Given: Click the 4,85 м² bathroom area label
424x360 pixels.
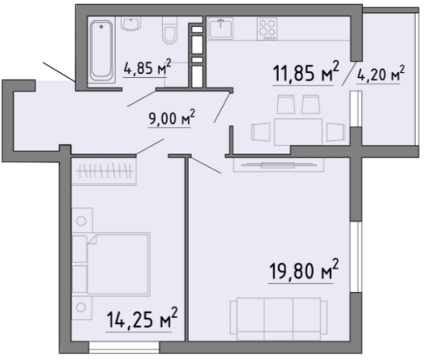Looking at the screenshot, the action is coord(148,67).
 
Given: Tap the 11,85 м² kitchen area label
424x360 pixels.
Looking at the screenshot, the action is coord(306,71).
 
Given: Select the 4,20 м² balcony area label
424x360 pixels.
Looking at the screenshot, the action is coord(381,74).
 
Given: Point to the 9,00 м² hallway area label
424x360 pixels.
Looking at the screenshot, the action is coord(172,118).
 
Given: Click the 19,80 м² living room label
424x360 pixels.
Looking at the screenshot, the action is coord(304,270).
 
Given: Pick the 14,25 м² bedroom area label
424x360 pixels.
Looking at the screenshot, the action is coord(142,319).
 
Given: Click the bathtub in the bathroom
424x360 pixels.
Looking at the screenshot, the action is coord(101,51).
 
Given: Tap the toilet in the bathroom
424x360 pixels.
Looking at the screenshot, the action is coord(169,30).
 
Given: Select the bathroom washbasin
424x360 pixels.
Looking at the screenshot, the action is coord(131,24).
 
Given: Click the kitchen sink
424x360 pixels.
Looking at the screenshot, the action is coord(221,28).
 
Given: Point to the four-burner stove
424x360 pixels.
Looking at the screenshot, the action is coord(268,28).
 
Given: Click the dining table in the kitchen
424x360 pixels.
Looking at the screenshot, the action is coord(298,132).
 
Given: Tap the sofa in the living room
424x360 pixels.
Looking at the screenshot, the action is coord(279,319).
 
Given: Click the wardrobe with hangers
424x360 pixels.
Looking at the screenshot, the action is coord(104,171).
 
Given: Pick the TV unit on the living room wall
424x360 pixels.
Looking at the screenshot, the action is coord(279,165).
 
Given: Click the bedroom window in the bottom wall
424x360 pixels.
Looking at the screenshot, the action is coord(124,347).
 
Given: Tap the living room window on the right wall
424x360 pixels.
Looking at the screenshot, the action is coord(356,257).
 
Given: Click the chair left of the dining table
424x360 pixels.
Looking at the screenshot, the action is coord(261,132).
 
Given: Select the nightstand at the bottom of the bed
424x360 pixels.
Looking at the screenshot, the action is coord(82,308).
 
